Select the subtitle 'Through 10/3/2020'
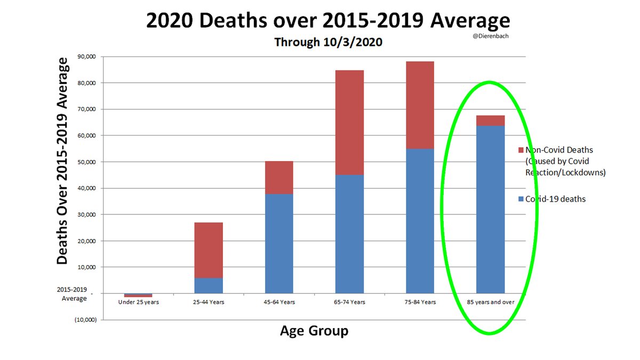(328, 42)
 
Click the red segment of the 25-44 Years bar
(209, 250)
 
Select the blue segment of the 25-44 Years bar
(209, 285)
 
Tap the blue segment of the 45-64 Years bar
(279, 243)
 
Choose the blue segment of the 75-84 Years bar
(420, 220)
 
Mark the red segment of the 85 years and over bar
(490, 120)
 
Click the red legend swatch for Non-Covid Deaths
(521, 150)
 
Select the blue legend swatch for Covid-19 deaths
(521, 199)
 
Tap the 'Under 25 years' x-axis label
(138, 302)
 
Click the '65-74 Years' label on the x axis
(349, 302)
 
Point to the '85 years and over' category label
(490, 302)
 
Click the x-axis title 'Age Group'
(314, 331)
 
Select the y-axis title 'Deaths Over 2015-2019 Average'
(63, 161)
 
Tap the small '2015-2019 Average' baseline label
(74, 294)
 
